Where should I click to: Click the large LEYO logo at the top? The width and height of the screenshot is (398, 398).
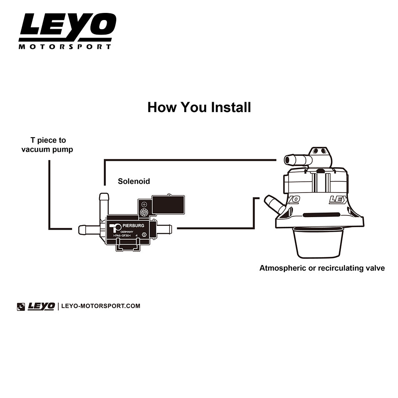click(x=68, y=24)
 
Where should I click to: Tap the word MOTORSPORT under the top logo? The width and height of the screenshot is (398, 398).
click(x=65, y=47)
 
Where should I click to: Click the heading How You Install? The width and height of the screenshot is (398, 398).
click(x=199, y=107)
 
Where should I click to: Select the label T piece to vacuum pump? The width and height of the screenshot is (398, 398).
click(x=48, y=145)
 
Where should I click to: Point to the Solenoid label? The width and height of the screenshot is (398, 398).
click(x=134, y=181)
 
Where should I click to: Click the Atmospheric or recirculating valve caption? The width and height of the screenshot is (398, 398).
click(x=322, y=268)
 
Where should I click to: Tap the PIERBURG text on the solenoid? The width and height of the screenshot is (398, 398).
click(x=133, y=225)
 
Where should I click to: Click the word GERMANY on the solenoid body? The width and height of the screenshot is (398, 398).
click(x=127, y=232)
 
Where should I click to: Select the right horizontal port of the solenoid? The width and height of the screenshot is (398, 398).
click(x=164, y=229)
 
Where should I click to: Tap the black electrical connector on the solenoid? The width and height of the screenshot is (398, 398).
click(x=168, y=205)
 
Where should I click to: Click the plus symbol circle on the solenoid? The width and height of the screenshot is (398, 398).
click(x=144, y=204)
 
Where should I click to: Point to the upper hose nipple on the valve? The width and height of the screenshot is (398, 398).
click(x=298, y=160)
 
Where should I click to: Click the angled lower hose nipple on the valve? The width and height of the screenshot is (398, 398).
click(x=275, y=204)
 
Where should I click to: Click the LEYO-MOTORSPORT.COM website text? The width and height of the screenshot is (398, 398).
click(x=101, y=306)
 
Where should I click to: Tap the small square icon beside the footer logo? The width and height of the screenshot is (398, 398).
click(x=21, y=307)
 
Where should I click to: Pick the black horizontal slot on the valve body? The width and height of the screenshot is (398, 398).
click(x=321, y=215)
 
